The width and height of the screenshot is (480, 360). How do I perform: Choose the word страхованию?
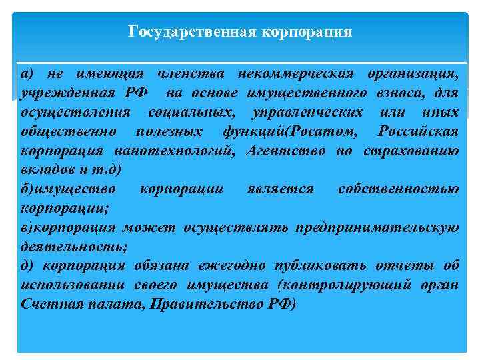click(x=411, y=150)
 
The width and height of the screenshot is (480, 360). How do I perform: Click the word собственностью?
click(x=398, y=189)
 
